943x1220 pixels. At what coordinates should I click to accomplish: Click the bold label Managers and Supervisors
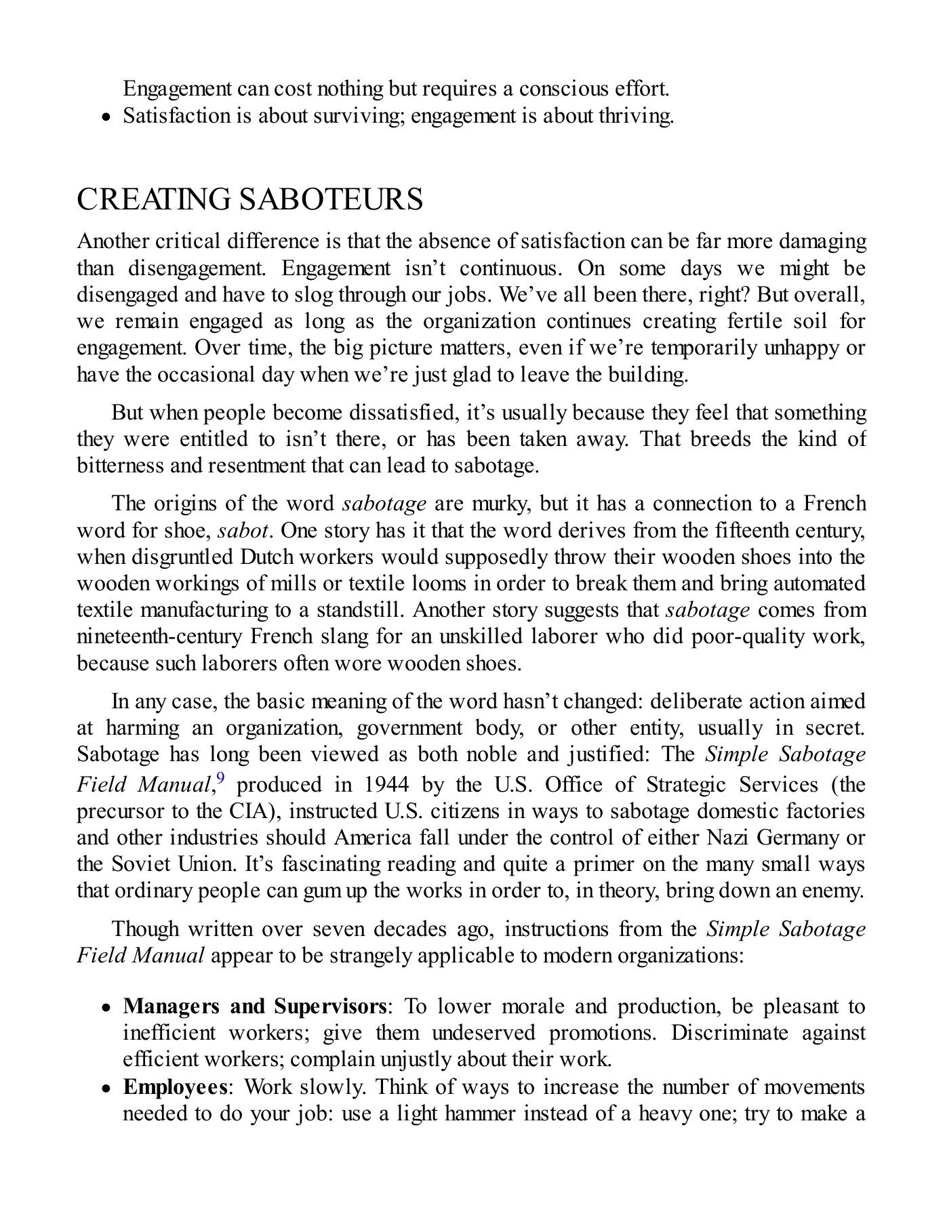tap(255, 1006)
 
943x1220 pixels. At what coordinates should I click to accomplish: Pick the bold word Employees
tap(175, 1086)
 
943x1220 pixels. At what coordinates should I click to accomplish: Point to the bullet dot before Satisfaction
tap(106, 117)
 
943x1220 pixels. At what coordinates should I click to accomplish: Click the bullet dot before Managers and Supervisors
tap(106, 1008)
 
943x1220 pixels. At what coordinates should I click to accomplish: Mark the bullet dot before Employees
tap(106, 1088)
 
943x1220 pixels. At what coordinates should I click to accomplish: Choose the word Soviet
tap(139, 864)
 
